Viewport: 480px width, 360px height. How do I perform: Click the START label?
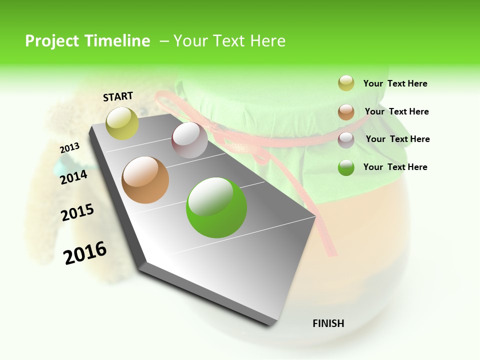(x=118, y=96)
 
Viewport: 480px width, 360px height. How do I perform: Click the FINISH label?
(x=328, y=323)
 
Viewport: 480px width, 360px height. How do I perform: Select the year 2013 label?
(x=69, y=148)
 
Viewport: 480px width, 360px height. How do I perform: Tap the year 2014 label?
(x=74, y=177)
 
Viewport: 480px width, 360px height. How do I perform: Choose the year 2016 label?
(x=85, y=253)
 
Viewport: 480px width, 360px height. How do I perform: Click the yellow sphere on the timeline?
(x=122, y=123)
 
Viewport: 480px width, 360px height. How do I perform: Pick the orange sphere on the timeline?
(x=145, y=180)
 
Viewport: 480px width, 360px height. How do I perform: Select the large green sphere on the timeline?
(x=216, y=207)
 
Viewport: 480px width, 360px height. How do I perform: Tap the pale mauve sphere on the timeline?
(x=189, y=140)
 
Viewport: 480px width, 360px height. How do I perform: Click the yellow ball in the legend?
(x=346, y=83)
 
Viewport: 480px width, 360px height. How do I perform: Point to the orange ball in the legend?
(x=346, y=112)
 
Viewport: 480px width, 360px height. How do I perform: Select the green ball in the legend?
(x=346, y=167)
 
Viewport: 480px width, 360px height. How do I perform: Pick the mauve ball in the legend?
(x=346, y=140)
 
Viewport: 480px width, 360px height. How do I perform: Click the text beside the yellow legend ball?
(x=395, y=84)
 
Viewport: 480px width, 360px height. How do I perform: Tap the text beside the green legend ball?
(x=395, y=167)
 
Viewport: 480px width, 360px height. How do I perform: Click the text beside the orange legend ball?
(x=396, y=111)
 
